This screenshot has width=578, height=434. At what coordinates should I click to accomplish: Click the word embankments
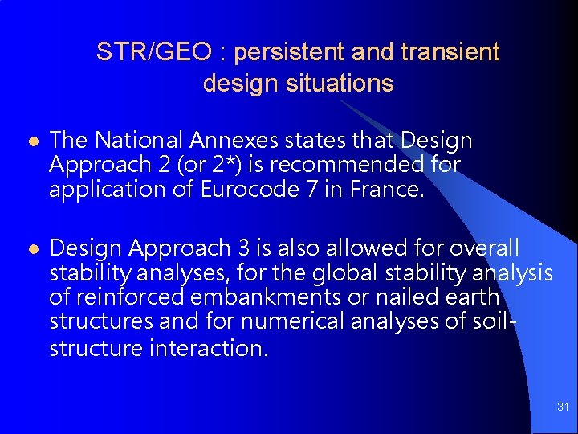pos(261,298)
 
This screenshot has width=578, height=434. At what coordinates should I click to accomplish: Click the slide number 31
pos(563,408)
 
